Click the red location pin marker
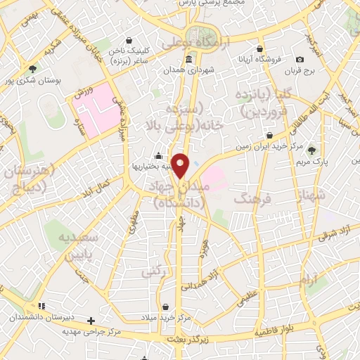click(181, 165)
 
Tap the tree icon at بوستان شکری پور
click(32, 69)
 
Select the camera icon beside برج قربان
click(300, 60)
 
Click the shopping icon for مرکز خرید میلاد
click(165, 307)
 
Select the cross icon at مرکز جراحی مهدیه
click(90, 321)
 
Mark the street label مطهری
click(134, 224)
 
